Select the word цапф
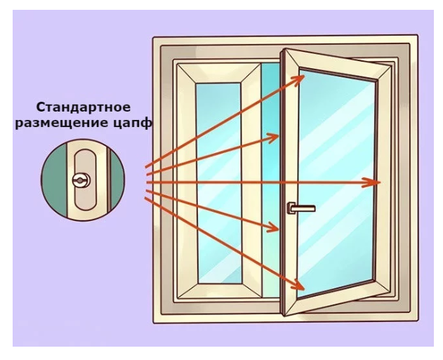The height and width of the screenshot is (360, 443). pyautogui.click(x=138, y=124)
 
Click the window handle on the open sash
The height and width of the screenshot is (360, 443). pyautogui.click(x=298, y=207)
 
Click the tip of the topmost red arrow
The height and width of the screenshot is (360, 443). pyautogui.click(x=304, y=76)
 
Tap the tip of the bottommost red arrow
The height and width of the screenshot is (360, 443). pyautogui.click(x=304, y=288)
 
